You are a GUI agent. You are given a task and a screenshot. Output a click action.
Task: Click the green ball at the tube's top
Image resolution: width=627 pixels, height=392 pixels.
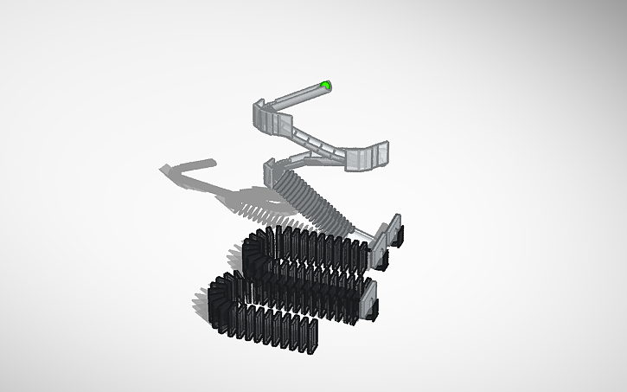(x=325, y=85)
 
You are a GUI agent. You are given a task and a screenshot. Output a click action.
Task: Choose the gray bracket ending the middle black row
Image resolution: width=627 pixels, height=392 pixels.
(x=370, y=299)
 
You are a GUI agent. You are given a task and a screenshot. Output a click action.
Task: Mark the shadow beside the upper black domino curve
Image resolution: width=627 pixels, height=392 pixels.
(x=235, y=254)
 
